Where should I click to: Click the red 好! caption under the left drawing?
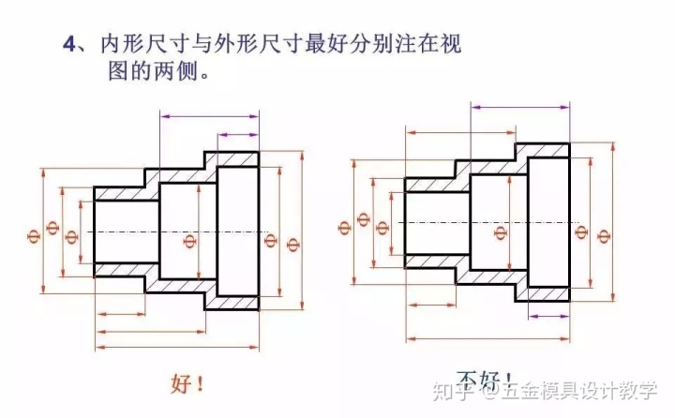pos(187,383)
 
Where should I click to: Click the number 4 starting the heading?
pos(67,43)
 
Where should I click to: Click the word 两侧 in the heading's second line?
pos(187,70)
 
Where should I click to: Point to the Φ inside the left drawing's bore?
pos(189,243)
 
